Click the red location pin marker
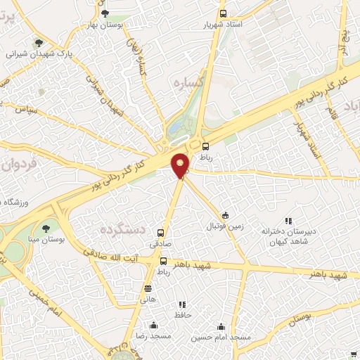pos(181,165)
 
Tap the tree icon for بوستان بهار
pos(105,13)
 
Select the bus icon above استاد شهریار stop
pos(223,13)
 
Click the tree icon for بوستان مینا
pos(46,228)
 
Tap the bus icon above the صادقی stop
pos(162,233)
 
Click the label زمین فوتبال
pos(223,227)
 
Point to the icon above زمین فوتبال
pos(225,216)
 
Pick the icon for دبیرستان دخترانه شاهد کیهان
pos(287,221)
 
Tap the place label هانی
pos(148,298)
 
